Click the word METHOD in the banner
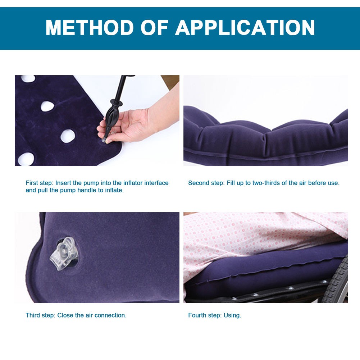[90, 28]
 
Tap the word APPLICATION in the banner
[245, 28]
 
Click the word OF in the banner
[155, 28]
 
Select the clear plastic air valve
[64, 253]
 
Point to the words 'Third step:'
[40, 315]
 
